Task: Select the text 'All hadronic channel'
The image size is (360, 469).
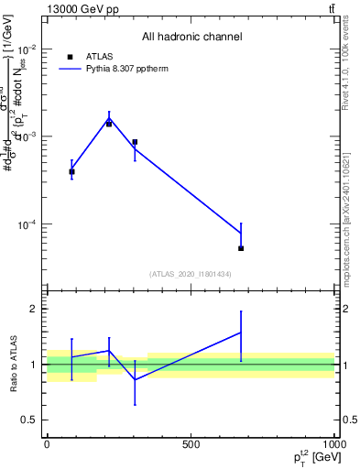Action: coord(191,37)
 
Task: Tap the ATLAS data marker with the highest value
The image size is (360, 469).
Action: coord(109,123)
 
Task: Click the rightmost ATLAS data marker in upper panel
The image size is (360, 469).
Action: coord(241,248)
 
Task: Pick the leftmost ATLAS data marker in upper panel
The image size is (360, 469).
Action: coord(71,171)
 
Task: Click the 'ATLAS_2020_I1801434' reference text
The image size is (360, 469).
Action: coord(191,274)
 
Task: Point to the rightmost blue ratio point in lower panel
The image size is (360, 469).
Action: coord(241,333)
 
